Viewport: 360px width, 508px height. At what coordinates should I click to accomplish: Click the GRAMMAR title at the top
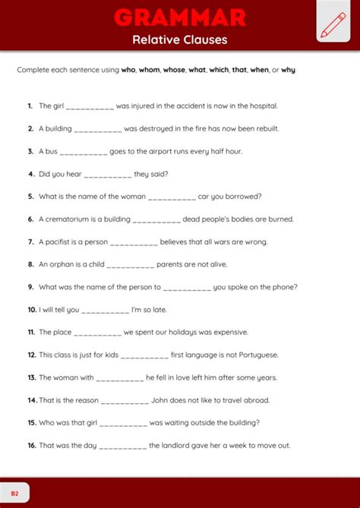(x=180, y=17)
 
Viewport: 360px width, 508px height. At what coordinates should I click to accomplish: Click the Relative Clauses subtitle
(x=180, y=39)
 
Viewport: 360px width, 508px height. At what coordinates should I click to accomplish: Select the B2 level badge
(x=14, y=493)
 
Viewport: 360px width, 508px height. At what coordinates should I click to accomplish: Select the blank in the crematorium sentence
(x=156, y=219)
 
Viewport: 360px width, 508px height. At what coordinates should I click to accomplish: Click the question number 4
(x=31, y=174)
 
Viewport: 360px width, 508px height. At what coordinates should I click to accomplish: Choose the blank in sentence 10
(x=105, y=310)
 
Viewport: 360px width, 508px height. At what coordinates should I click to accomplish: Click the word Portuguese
(x=257, y=355)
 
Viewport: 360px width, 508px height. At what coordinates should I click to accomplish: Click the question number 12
(x=31, y=355)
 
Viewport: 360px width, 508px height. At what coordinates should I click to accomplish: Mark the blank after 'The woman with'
(x=120, y=377)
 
